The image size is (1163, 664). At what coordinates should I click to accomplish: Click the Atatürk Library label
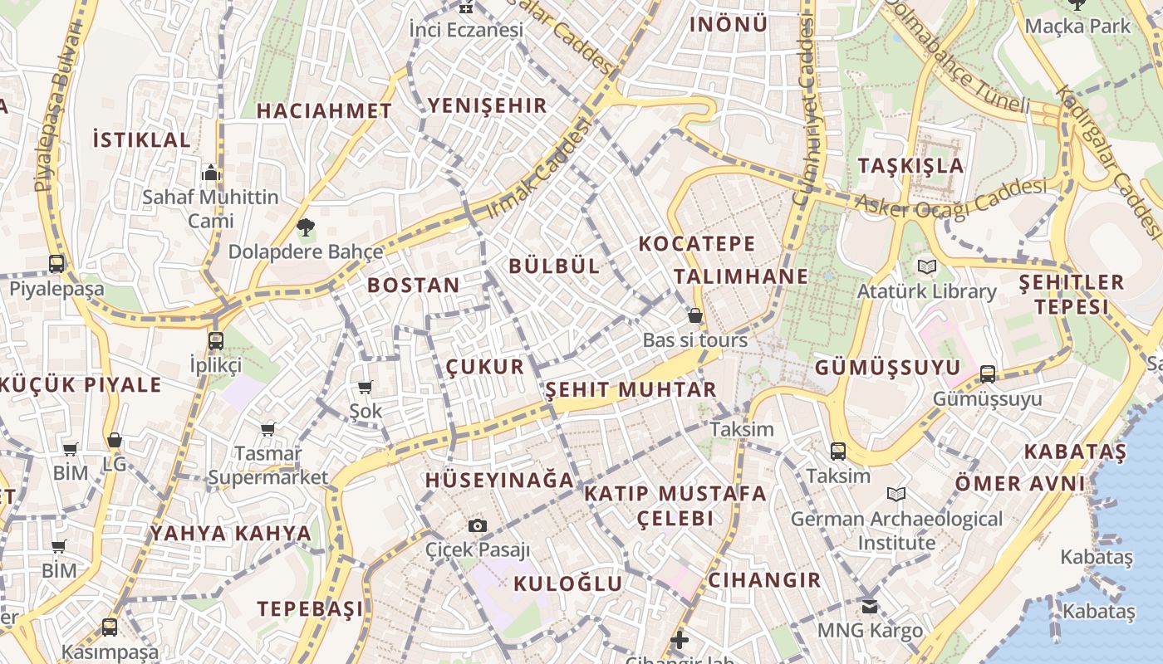click(x=926, y=291)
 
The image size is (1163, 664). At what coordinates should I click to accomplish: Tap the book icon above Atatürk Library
click(x=926, y=267)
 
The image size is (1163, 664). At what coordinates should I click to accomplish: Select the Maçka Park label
click(x=1077, y=26)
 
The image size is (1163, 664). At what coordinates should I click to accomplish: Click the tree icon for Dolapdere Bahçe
click(x=306, y=227)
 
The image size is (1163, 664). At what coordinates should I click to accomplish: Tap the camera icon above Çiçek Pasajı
click(x=477, y=525)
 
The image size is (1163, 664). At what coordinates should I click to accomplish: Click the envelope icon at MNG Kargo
click(x=870, y=607)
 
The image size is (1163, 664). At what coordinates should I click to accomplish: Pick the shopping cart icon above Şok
click(x=365, y=387)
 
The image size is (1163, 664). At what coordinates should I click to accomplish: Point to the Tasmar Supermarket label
click(x=268, y=466)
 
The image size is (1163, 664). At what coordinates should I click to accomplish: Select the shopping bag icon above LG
click(x=115, y=440)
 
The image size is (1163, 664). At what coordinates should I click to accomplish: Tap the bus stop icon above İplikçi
click(x=216, y=340)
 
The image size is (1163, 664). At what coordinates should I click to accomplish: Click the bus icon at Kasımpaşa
click(x=110, y=627)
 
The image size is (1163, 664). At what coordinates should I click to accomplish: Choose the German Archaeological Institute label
click(x=896, y=530)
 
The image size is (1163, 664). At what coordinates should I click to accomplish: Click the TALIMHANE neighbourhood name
click(x=740, y=276)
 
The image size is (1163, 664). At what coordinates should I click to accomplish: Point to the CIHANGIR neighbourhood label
click(x=764, y=580)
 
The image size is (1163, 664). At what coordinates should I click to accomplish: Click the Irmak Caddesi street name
click(x=539, y=168)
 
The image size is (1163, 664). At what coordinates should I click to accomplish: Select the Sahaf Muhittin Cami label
click(x=210, y=209)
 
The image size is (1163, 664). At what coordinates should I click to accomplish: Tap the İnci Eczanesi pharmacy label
click(x=466, y=30)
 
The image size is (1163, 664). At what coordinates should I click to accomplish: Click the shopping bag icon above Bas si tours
click(x=695, y=315)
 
